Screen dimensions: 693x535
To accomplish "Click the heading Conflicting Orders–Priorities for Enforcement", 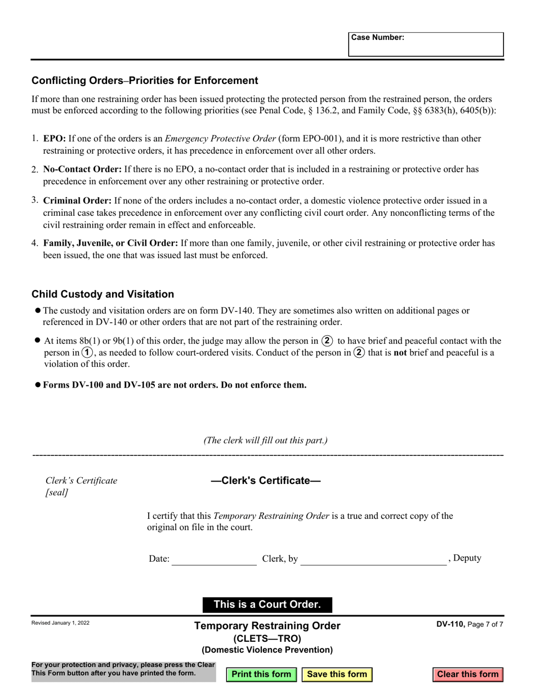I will [x=145, y=81].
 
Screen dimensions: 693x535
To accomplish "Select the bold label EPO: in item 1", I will [x=55, y=139].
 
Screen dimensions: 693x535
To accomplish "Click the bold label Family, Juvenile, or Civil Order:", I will [x=110, y=243].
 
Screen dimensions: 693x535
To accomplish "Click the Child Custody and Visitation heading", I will [x=102, y=294].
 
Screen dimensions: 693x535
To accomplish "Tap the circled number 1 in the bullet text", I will [x=87, y=353].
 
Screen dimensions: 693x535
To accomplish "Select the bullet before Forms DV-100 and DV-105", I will [x=38, y=385].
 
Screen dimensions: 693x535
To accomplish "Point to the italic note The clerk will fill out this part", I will [x=265, y=441].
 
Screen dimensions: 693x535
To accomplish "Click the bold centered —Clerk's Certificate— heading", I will [x=265, y=481].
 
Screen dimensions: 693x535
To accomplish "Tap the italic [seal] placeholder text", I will [x=57, y=492].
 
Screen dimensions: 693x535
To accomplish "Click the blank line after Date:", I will [x=214, y=559].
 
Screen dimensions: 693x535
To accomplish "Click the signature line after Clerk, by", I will [x=373, y=559].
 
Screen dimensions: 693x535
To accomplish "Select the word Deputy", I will [x=467, y=558].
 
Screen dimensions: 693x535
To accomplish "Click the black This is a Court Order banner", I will [x=267, y=605].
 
